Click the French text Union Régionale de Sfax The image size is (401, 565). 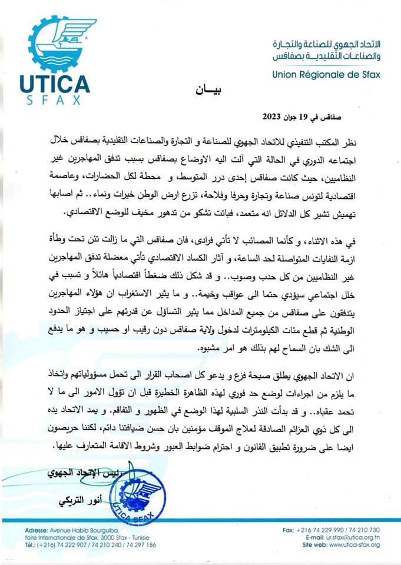326,75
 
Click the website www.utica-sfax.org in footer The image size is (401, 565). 354,545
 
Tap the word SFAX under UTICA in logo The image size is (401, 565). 54,100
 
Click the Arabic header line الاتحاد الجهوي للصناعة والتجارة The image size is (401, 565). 327,45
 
